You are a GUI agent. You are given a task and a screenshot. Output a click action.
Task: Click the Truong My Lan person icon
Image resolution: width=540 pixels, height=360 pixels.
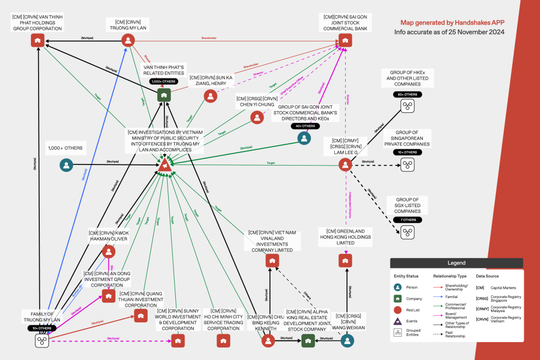coord(128,40)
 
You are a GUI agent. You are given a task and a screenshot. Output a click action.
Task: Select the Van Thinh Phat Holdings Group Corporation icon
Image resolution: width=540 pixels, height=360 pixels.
coord(37,40)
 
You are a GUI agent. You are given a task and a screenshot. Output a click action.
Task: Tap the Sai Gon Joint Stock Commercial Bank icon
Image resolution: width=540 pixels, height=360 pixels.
coord(345,40)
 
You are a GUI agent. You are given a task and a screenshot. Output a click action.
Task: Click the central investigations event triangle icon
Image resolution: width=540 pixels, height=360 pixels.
coord(164,164)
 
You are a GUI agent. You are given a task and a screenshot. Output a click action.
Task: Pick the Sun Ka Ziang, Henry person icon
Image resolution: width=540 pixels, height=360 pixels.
coord(211,96)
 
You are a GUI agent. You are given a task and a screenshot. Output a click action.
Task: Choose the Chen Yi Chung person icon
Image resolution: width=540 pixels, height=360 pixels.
coord(256,117)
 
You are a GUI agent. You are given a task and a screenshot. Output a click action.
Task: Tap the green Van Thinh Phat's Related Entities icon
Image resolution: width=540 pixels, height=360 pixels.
coord(164,95)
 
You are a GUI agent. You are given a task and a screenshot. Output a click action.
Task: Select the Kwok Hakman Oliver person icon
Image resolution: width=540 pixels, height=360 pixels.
coord(109,251)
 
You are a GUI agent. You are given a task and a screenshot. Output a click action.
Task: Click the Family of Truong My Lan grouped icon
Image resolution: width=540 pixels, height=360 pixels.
coord(42,341)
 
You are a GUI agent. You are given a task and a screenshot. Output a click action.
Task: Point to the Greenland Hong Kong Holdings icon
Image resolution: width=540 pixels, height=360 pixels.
coord(345,261)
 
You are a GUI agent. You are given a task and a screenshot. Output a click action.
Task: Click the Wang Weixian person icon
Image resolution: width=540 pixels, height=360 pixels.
coord(348,341)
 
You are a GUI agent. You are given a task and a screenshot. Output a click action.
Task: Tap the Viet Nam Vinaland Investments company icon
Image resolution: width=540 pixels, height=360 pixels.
coord(272,261)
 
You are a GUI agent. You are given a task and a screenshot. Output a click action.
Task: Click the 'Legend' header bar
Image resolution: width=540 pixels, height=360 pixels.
coord(456,263)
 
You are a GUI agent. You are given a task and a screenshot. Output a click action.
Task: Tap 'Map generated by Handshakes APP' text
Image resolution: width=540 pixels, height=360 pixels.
coord(452,23)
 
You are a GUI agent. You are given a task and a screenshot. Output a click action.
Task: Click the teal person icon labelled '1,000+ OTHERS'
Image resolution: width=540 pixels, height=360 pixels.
coord(66,164)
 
